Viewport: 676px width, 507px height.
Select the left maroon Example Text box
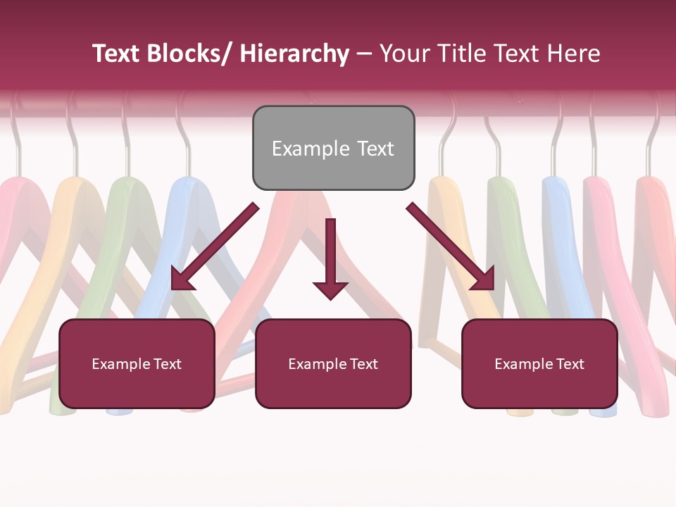(x=137, y=387)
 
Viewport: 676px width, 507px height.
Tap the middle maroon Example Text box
(x=333, y=387)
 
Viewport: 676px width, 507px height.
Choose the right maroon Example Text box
(x=539, y=387)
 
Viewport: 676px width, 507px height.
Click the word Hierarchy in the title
(x=294, y=54)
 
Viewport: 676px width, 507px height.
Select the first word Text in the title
(x=117, y=54)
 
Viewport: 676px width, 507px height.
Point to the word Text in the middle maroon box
(x=363, y=364)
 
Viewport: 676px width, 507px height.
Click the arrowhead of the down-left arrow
(x=181, y=280)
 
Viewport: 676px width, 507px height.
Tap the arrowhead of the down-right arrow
(x=484, y=280)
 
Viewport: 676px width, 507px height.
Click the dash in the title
(x=364, y=54)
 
